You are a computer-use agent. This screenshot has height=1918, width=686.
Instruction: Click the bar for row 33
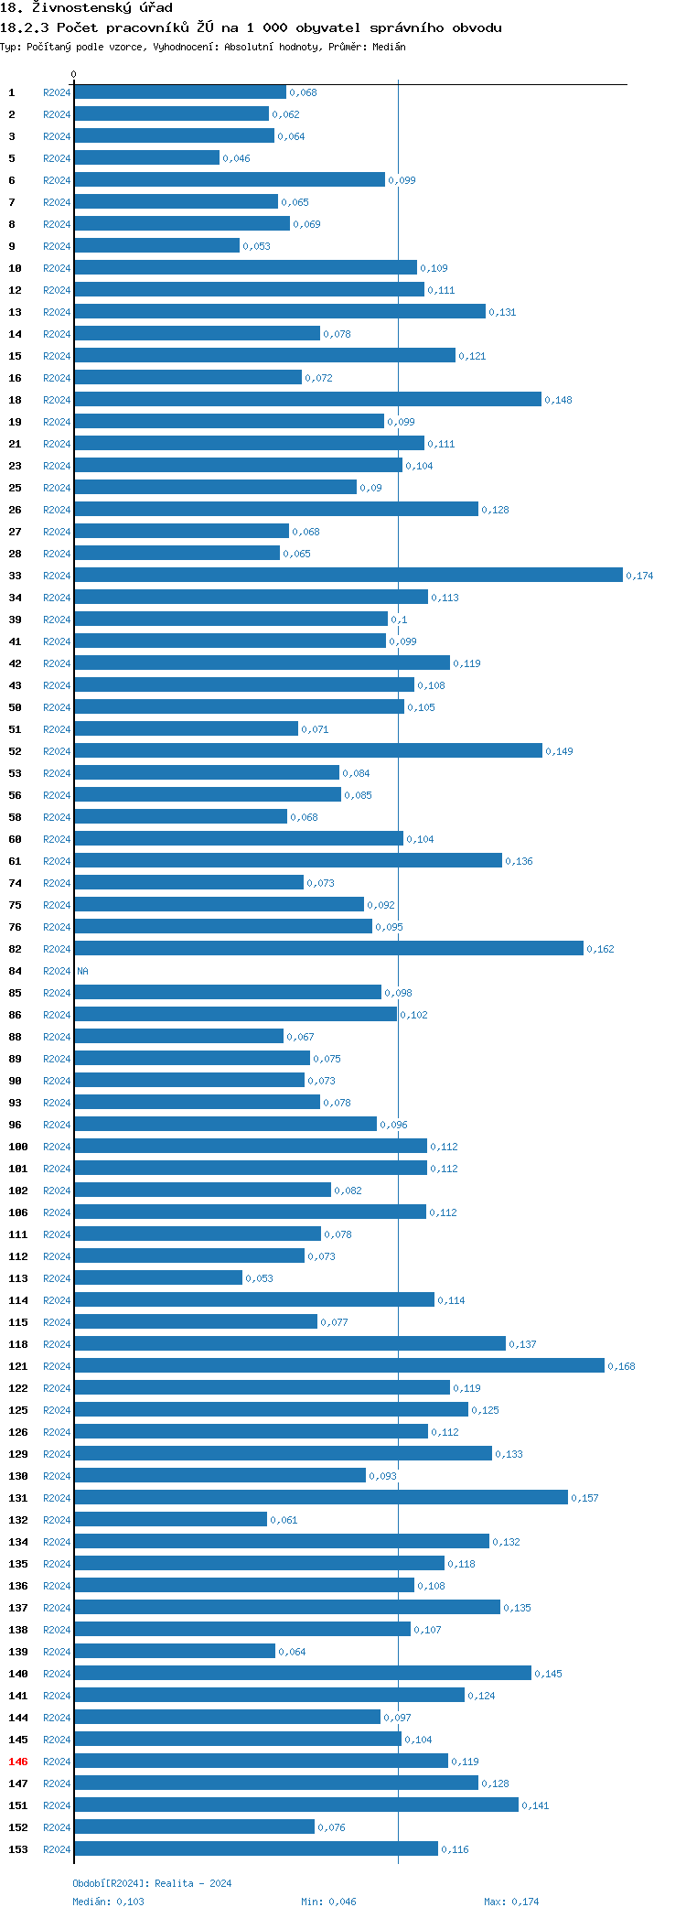[x=348, y=575]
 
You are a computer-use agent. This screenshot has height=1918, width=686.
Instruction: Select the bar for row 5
[x=146, y=157]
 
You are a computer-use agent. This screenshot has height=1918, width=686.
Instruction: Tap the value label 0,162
[x=600, y=949]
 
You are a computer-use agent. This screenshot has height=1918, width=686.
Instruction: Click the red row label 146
[x=18, y=1762]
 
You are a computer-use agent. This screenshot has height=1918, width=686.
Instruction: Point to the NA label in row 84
[x=83, y=971]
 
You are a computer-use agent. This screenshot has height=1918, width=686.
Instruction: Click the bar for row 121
[x=338, y=1365]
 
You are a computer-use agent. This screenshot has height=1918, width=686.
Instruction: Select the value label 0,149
[x=560, y=751]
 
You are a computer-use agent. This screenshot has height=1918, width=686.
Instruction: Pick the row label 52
[x=16, y=751]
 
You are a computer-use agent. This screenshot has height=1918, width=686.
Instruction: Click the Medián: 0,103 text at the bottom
[x=108, y=1902]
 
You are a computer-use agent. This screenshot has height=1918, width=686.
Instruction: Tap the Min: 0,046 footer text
[x=328, y=1902]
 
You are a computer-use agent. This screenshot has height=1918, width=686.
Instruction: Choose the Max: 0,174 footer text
[x=511, y=1902]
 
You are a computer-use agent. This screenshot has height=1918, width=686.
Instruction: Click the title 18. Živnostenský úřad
[x=86, y=8]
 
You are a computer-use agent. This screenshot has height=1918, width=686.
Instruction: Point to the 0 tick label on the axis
[x=74, y=74]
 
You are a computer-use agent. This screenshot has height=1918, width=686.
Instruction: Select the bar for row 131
[x=320, y=1497]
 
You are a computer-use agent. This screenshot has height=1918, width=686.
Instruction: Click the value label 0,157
[x=584, y=1498]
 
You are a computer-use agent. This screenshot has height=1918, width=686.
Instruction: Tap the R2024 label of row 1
[x=57, y=92]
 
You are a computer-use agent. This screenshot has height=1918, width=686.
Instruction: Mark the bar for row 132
[x=170, y=1519]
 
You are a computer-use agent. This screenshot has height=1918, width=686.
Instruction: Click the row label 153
[x=18, y=1849]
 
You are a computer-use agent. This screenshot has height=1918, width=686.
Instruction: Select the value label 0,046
[x=236, y=158]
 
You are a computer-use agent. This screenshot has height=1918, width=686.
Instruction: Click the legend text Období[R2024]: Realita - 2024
[x=152, y=1883]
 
